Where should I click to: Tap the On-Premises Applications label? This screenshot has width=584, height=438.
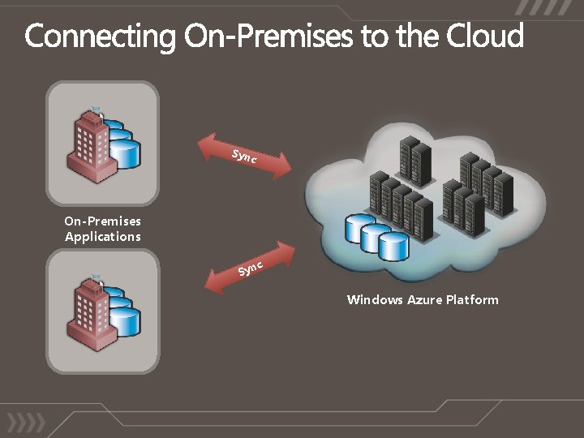coord(103,229)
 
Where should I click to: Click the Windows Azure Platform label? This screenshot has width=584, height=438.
coord(423,300)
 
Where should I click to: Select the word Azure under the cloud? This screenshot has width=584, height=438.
coord(424,300)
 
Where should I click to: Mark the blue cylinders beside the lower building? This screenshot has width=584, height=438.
coord(121,313)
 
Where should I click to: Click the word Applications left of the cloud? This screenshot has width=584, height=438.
coord(103,237)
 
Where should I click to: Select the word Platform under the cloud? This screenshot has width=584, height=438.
coord(472,300)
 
